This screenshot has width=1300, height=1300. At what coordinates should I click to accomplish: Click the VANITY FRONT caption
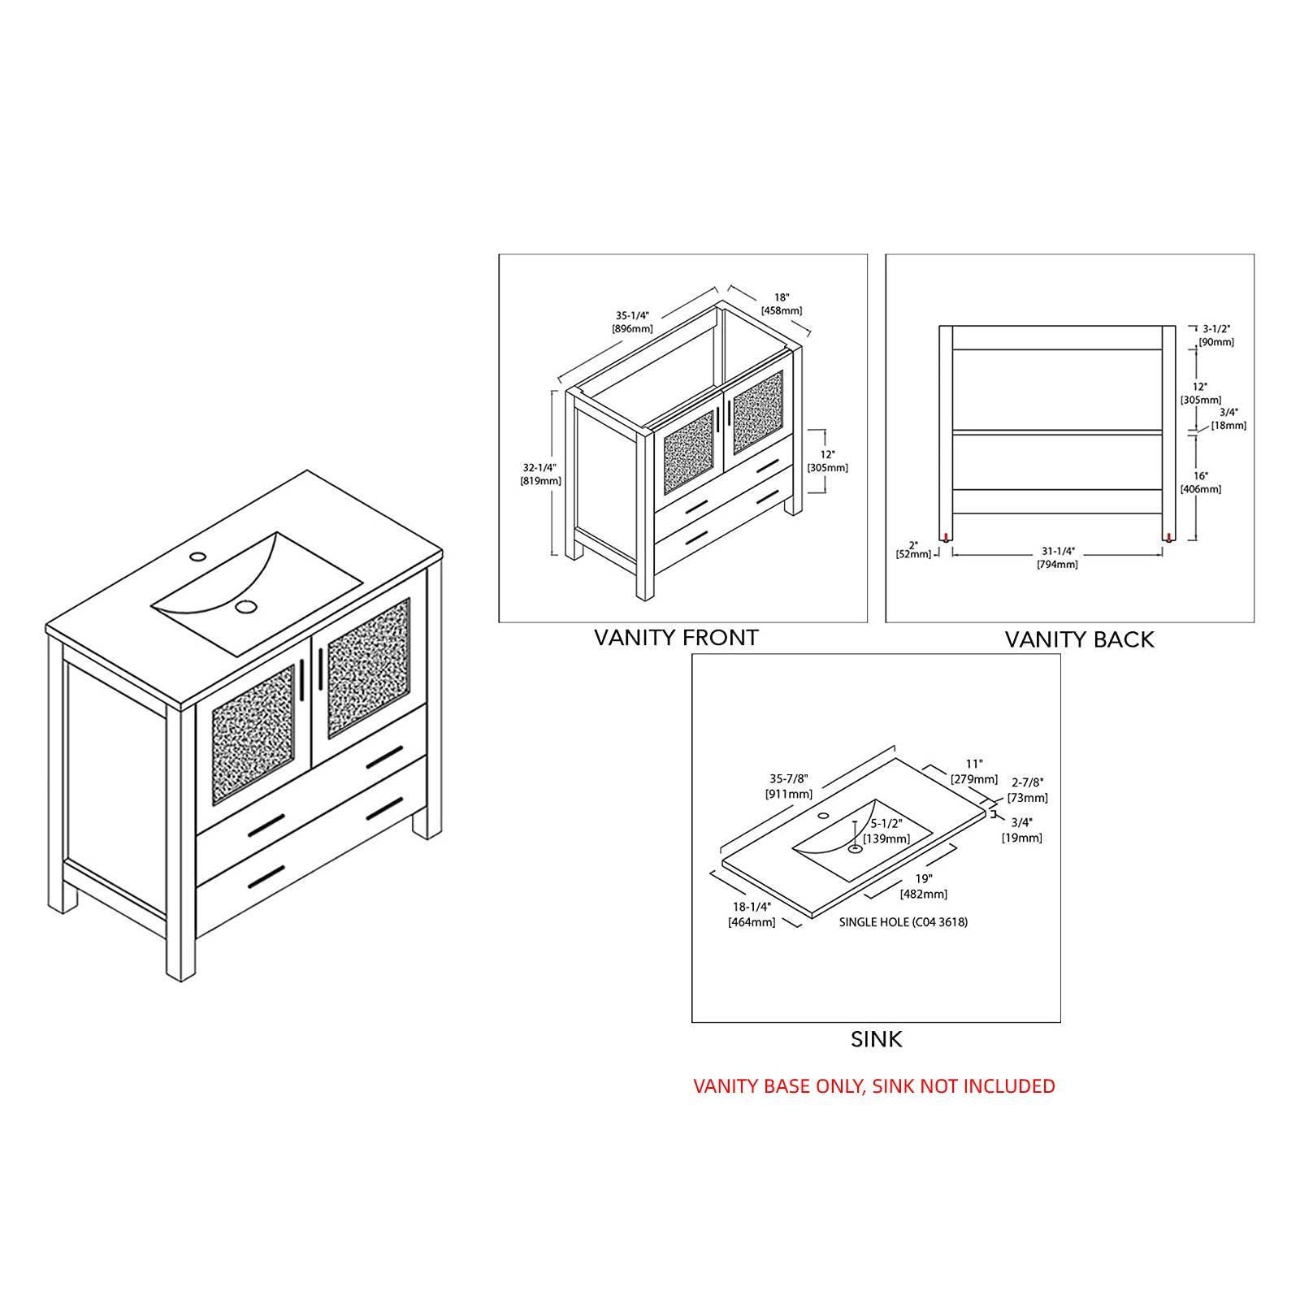point(676,638)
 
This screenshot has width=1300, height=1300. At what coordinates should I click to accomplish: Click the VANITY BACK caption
point(1079,639)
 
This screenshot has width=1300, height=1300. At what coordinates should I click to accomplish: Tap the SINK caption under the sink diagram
point(876,1039)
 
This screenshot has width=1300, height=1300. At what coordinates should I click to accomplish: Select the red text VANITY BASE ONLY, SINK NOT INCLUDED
point(874,1085)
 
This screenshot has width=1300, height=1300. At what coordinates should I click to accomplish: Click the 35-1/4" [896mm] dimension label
point(632,323)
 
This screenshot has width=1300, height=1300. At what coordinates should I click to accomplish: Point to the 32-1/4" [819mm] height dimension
point(540,474)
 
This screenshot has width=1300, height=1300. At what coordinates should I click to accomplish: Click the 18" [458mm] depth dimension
point(782,304)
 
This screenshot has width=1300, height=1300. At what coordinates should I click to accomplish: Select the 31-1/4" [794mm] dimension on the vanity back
point(1057,557)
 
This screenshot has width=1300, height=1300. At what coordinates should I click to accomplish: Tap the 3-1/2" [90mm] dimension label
point(1216,336)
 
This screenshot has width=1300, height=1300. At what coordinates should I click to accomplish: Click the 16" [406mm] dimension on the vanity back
point(1201,483)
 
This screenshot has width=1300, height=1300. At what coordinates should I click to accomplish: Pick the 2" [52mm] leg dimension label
point(914,549)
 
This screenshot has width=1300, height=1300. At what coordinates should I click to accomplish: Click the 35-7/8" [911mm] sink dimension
point(788,787)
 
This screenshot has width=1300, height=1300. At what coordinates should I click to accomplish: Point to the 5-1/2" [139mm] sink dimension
point(886,831)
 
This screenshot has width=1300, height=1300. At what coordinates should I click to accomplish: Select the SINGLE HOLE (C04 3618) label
point(903,922)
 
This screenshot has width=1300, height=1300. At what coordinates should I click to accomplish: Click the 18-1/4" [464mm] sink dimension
point(752,915)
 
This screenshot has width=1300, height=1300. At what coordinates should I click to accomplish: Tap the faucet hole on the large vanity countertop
point(197,557)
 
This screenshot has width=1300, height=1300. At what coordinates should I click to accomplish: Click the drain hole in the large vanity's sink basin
point(244,606)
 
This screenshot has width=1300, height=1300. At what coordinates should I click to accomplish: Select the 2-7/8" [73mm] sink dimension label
point(1028,790)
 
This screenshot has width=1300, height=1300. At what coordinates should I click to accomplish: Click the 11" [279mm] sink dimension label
point(974,772)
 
